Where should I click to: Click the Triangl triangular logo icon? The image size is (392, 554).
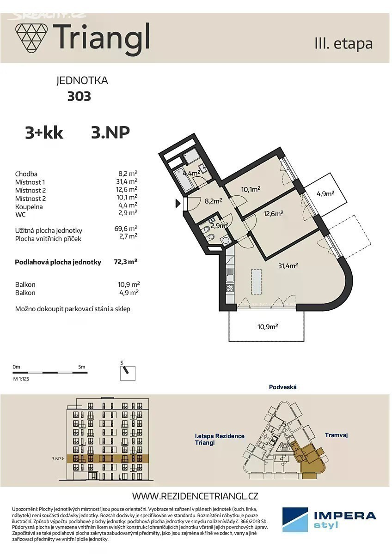pyautogui.click(x=31, y=39)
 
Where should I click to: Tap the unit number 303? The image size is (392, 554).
pyautogui.click(x=79, y=96)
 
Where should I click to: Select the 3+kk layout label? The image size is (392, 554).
pyautogui.click(x=44, y=133)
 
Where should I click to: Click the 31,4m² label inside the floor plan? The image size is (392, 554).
pyautogui.click(x=288, y=265)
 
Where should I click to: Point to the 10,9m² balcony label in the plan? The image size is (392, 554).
pyautogui.click(x=268, y=327)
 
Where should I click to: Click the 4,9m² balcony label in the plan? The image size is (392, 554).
pyautogui.click(x=325, y=193)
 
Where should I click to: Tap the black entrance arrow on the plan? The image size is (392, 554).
pyautogui.click(x=178, y=203)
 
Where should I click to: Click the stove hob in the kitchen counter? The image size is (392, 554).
pyautogui.click(x=230, y=288)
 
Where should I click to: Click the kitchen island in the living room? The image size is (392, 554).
pyautogui.click(x=257, y=282)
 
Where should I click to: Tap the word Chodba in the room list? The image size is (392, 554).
pyautogui.click(x=26, y=174)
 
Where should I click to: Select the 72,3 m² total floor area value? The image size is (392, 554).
pyautogui.click(x=125, y=262)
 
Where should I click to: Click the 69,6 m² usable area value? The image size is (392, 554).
pyautogui.click(x=126, y=228)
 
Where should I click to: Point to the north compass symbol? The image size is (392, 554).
pyautogui.click(x=128, y=373)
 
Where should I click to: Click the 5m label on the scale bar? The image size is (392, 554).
pyautogui.click(x=82, y=367)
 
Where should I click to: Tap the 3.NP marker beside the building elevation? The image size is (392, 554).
pyautogui.click(x=58, y=458)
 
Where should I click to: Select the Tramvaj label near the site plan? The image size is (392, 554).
pyautogui.click(x=336, y=435)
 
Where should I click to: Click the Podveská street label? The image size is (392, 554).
pyautogui.click(x=283, y=387)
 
